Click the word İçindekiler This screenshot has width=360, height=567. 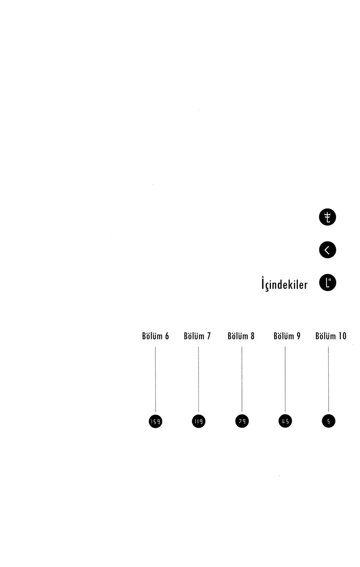click(285, 284)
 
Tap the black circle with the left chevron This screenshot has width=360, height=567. click(328, 250)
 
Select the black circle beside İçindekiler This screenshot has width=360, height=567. click(328, 282)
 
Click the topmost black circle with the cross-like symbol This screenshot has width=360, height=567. click(328, 217)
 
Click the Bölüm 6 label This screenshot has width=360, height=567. click(155, 336)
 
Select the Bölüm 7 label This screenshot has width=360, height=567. click(197, 336)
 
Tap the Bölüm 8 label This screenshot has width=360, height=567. click(241, 336)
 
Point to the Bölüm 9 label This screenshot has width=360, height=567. click(287, 336)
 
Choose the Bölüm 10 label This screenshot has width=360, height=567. click(331, 336)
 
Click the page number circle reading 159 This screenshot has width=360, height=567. click(155, 421)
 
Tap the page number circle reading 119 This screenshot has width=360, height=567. click(199, 421)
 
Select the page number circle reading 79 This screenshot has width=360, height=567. click(242, 421)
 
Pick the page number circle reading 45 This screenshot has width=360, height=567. click(285, 421)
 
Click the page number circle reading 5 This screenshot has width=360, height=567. click(329, 421)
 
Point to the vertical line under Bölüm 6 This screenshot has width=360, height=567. click(155, 379)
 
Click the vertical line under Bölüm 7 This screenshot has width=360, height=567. click(198, 379)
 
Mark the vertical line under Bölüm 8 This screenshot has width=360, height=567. click(242, 379)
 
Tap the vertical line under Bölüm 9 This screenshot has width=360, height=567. click(285, 379)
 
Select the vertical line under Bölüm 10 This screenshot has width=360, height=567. click(329, 379)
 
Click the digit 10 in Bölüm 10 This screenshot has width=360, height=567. click(342, 336)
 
